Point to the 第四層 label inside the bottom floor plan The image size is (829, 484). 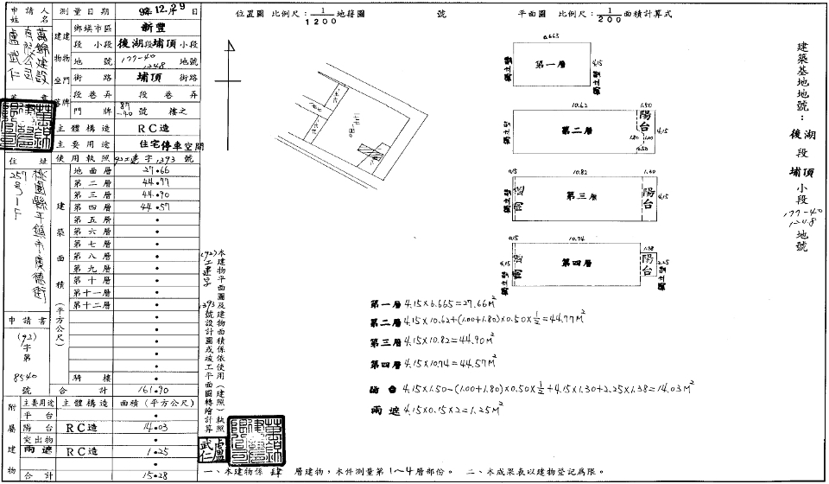[x=576, y=262]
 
